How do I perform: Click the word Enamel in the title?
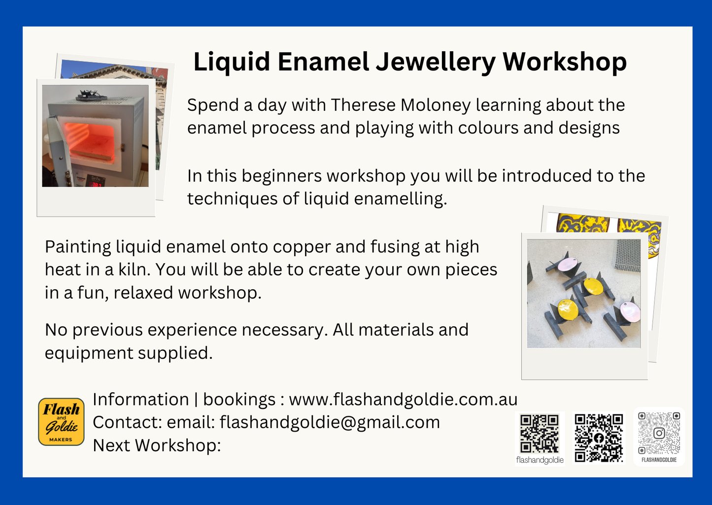(323, 62)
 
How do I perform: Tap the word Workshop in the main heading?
(564, 62)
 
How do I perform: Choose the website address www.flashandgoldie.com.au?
(403, 399)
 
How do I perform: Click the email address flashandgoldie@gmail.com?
(330, 422)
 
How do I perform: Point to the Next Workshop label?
(157, 445)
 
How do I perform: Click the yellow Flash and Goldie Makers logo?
(61, 422)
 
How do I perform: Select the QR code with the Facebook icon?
(599, 438)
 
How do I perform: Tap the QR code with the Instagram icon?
(659, 433)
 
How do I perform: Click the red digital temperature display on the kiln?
(95, 183)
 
